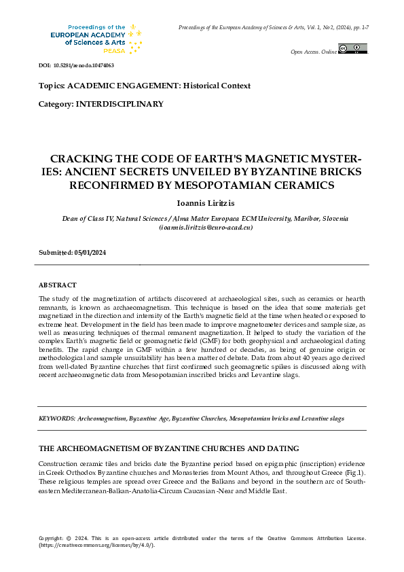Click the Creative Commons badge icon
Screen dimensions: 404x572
[x=352, y=49]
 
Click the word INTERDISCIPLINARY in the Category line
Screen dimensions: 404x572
[x=120, y=104]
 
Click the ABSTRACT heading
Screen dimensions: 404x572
[x=58, y=285]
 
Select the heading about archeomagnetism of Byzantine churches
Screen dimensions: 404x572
[x=169, y=449]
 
